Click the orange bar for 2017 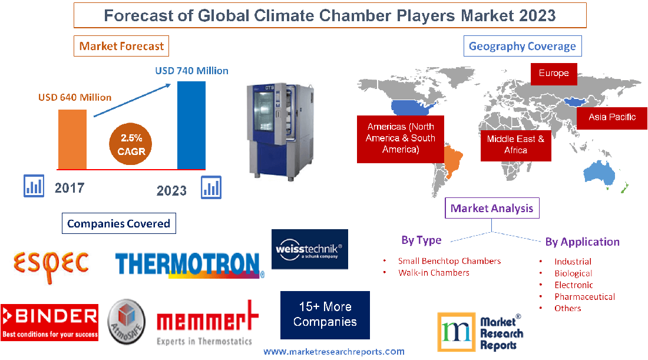(72, 139)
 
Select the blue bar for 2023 (191, 125)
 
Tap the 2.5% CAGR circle (131, 144)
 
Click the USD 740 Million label (191, 71)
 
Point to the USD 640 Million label (75, 97)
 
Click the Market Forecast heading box (121, 46)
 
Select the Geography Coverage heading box (522, 46)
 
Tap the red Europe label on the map (554, 74)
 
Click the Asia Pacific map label (612, 117)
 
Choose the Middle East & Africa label (515, 144)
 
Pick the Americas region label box (401, 138)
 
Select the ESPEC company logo (52, 260)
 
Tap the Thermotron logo (189, 265)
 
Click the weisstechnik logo (309, 249)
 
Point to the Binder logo (49, 322)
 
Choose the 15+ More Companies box (325, 315)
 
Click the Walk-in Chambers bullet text (434, 273)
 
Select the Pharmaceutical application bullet (584, 297)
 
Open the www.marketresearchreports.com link (333, 352)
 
